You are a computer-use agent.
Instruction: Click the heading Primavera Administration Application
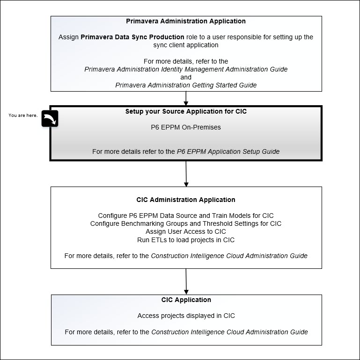pyautogui.click(x=186, y=21)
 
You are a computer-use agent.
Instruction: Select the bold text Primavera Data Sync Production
pyautogui.click(x=132, y=37)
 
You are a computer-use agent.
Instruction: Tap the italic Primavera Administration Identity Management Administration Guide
pyautogui.click(x=186, y=69)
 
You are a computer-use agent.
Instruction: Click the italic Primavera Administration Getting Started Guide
pyautogui.click(x=186, y=85)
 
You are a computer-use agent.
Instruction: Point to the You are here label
pyautogui.click(x=23, y=115)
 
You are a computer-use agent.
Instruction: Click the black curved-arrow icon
pyautogui.click(x=50, y=119)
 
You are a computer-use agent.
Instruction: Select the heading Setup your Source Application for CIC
pyautogui.click(x=186, y=111)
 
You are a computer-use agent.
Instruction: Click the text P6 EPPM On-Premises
pyautogui.click(x=186, y=127)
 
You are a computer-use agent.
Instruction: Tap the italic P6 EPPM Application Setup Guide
pyautogui.click(x=228, y=151)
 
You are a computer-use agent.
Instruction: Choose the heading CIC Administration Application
pyautogui.click(x=186, y=200)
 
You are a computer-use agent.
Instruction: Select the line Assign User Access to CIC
pyautogui.click(x=186, y=231)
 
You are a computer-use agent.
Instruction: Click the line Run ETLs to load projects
pyautogui.click(x=186, y=240)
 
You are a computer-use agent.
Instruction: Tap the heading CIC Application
pyautogui.click(x=186, y=300)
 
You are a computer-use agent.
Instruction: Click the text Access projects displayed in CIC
pyautogui.click(x=186, y=316)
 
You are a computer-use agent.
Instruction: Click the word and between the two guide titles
pyautogui.click(x=186, y=77)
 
